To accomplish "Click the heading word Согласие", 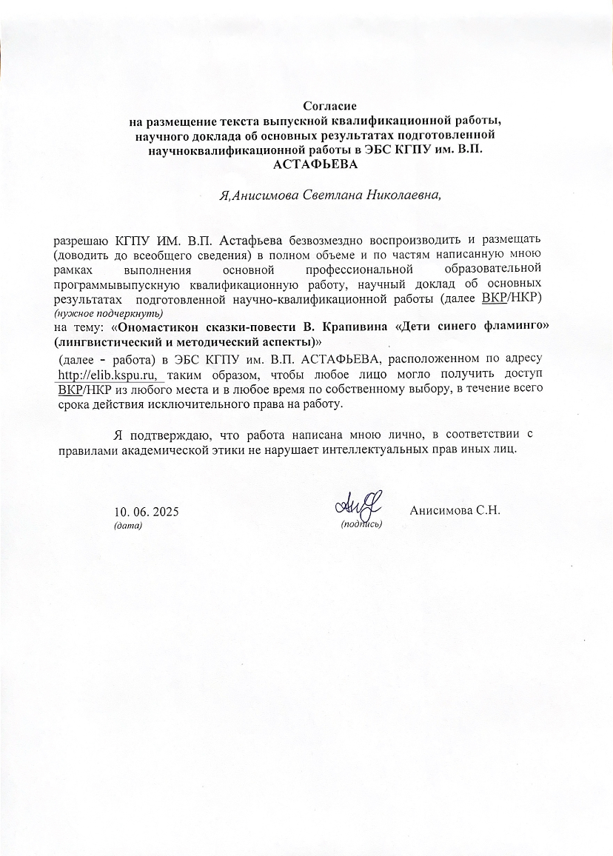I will pyautogui.click(x=325, y=107).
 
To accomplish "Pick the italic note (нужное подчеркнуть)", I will pyautogui.click(x=108, y=312).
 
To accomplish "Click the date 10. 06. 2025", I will pyautogui.click(x=146, y=512).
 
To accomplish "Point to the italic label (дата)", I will pyautogui.click(x=127, y=525).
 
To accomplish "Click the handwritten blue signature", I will pyautogui.click(x=358, y=504).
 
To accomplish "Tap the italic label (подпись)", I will pyautogui.click(x=361, y=524).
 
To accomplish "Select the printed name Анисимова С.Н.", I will pyautogui.click(x=455, y=511).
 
